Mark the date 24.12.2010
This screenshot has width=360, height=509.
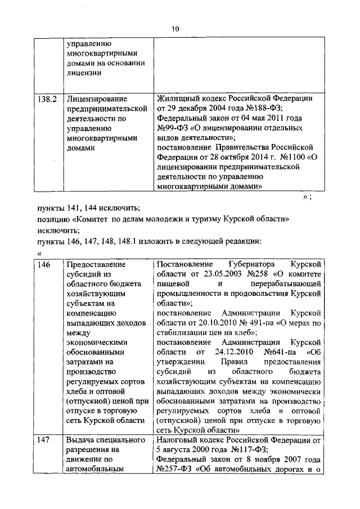pyautogui.click(x=225, y=352)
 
